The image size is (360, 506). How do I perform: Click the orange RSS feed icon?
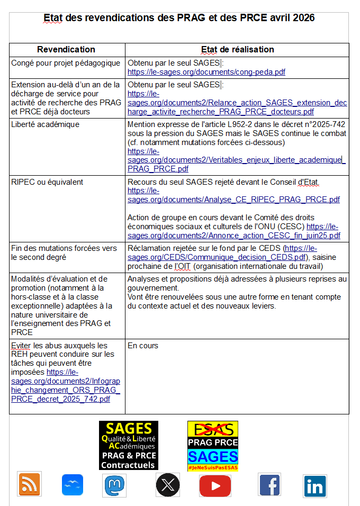[30, 484]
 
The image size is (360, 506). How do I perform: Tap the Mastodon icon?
[114, 484]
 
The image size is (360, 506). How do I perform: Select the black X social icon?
[168, 484]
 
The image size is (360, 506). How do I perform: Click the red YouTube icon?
[215, 485]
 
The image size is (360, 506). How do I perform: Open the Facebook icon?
[269, 484]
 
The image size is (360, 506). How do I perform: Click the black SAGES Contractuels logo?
[129, 445]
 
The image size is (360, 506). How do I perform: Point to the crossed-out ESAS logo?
[212, 429]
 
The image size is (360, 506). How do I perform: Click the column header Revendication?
[66, 50]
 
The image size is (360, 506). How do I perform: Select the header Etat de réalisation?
[237, 50]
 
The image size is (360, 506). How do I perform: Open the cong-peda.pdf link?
[206, 72]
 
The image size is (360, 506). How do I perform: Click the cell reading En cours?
[143, 346]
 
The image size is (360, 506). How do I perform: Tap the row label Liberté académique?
[46, 124]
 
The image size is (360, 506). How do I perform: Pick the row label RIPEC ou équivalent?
[47, 182]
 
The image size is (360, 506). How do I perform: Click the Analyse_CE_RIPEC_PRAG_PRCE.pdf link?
[233, 200]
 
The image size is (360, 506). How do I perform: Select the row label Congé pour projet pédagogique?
[66, 63]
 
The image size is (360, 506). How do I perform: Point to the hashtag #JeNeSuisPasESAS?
[212, 468]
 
